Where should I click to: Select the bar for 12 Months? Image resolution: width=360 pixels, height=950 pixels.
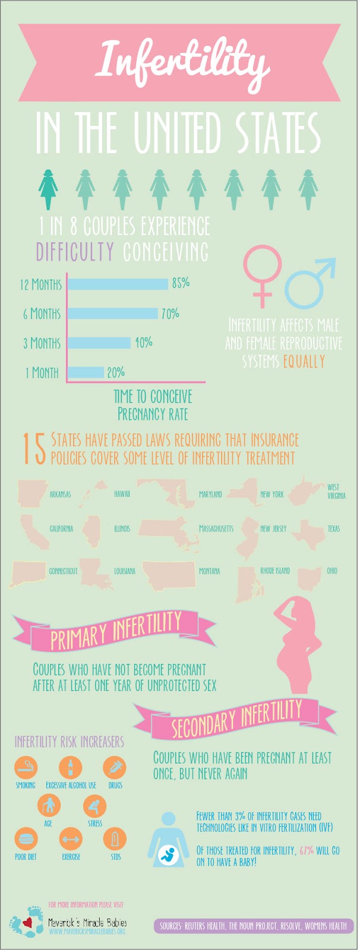pyautogui.click(x=118, y=284)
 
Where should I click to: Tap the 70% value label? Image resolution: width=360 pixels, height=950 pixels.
pyautogui.click(x=170, y=313)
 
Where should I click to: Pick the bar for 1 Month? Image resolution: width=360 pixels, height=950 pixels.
pyautogui.click(x=86, y=372)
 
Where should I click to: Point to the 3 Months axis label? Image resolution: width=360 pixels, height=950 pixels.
pyautogui.click(x=42, y=343)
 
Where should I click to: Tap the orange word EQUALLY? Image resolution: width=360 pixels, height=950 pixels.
pyautogui.click(x=304, y=361)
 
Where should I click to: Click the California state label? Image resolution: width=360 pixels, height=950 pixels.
pyautogui.click(x=61, y=528)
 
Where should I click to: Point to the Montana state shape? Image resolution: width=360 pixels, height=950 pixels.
pyautogui.click(x=169, y=574)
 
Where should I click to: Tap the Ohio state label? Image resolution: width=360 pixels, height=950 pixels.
pyautogui.click(x=331, y=571)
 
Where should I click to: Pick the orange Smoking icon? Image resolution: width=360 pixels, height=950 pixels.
pyautogui.click(x=26, y=767)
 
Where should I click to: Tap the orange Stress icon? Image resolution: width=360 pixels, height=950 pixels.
pyautogui.click(x=94, y=806)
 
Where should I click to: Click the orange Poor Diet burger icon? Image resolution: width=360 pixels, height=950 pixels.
pyautogui.click(x=26, y=839)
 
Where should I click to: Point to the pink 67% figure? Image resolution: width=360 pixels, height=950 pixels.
pyautogui.click(x=307, y=850)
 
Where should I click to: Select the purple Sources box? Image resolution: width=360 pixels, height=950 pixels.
pyautogui.click(x=254, y=926)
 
